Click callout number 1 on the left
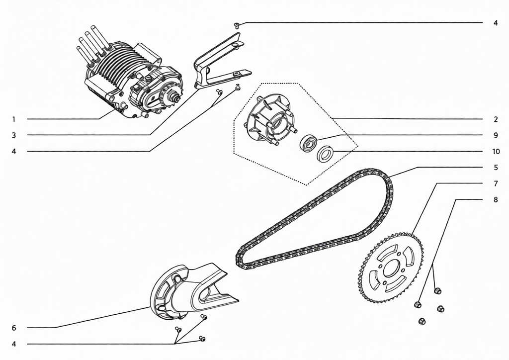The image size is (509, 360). click(13, 119)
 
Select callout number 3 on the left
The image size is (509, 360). click(13, 135)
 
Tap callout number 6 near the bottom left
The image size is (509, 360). click(13, 328)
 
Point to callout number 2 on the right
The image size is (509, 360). click(496, 119)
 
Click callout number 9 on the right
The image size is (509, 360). click(496, 135)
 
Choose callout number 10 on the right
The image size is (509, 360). click(496, 151)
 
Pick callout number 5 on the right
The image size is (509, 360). click(496, 168)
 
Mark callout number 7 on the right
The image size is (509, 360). click(496, 184)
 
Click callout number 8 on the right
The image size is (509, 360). click(496, 199)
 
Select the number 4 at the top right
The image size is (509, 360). click(496, 23)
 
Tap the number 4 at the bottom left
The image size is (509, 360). click(13, 344)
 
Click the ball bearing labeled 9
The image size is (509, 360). click(308, 143)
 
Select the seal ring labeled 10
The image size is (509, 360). click(326, 154)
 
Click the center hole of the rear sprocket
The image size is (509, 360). click(392, 269)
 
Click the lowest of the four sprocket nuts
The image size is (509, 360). click(422, 321)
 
